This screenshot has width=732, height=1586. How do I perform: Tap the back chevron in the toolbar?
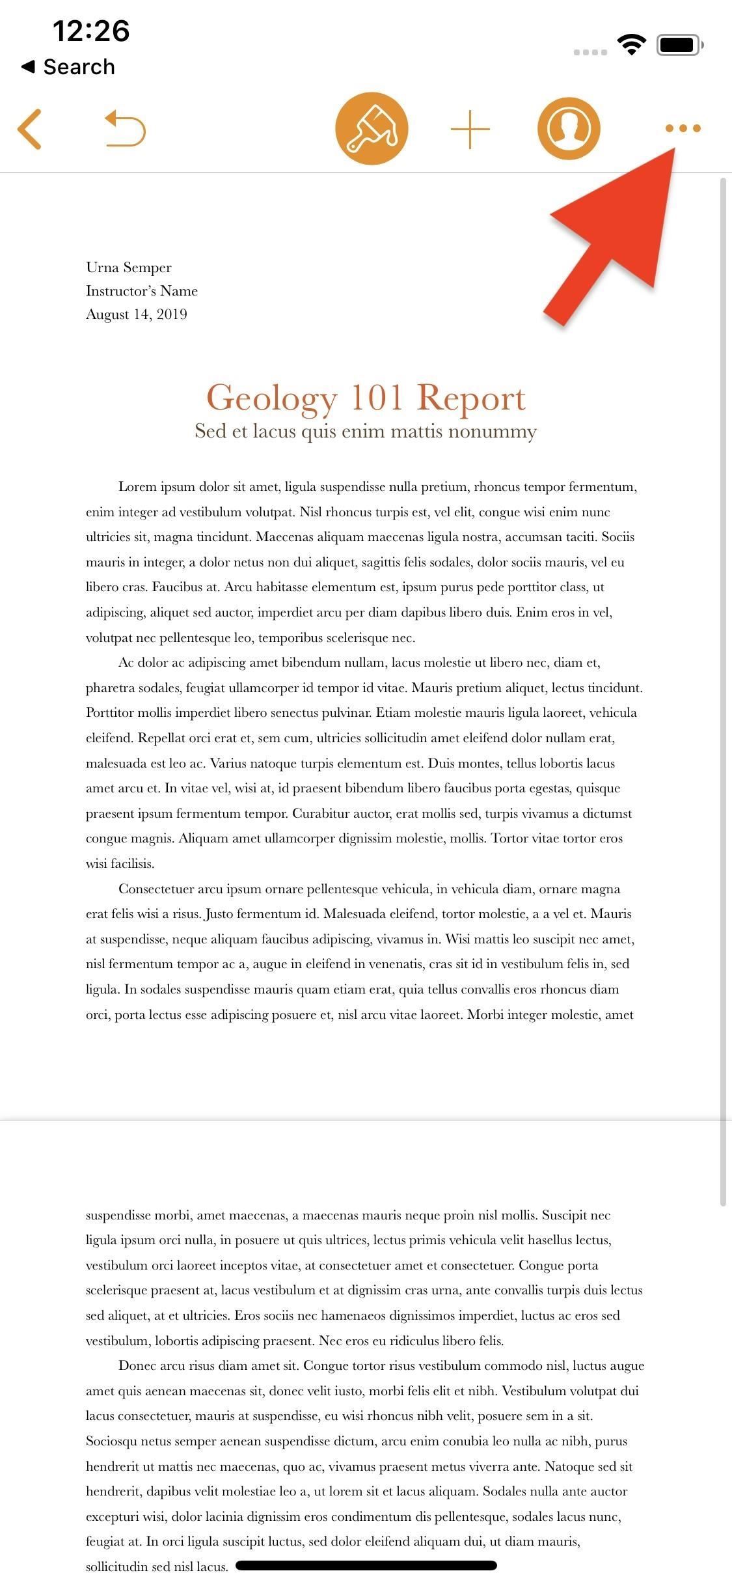coord(30,129)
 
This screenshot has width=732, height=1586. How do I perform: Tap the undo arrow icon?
coord(125,128)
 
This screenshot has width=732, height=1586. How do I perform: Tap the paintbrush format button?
coord(372,128)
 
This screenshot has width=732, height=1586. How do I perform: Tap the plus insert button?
coord(470,129)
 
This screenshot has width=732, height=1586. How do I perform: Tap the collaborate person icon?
coord(569,128)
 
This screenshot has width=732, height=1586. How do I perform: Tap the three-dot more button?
coord(683,128)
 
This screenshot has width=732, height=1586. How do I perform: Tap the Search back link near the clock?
coord(69,66)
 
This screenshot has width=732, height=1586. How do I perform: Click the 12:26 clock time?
coord(91,31)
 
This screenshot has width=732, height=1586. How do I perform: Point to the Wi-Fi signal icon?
coord(630,44)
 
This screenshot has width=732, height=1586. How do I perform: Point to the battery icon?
coord(680,44)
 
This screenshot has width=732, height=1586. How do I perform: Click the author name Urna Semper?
coord(129,268)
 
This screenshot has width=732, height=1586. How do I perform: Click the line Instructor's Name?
coord(142,291)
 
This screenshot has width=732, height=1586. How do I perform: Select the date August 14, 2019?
coord(137,314)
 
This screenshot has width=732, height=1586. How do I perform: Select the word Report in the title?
coord(471,398)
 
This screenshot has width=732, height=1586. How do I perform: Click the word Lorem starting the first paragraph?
coord(138,487)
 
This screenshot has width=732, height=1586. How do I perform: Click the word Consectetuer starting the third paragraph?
coord(156,889)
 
